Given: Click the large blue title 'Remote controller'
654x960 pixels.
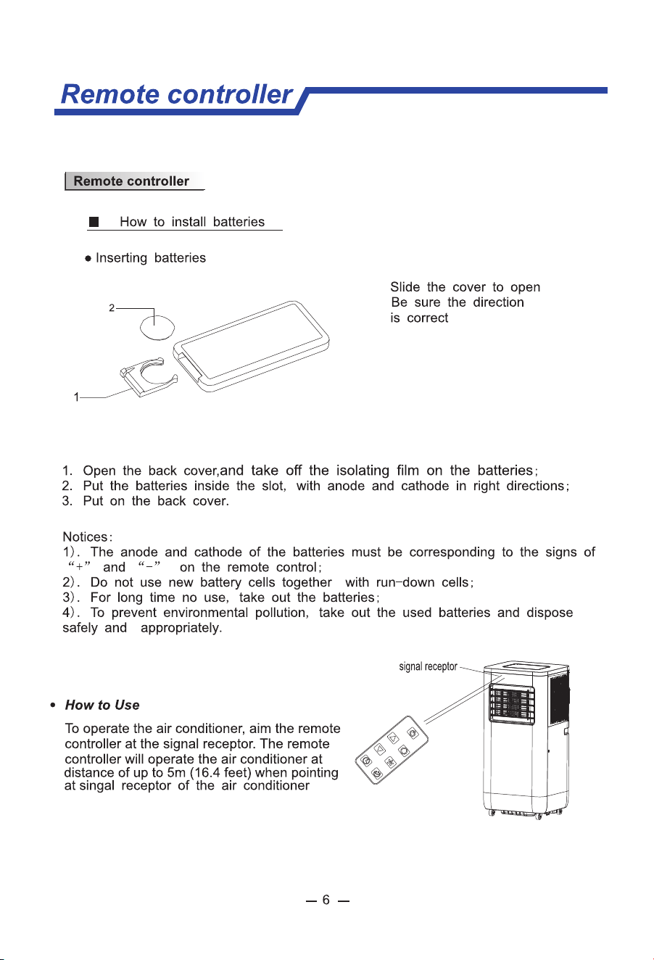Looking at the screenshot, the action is [x=177, y=94].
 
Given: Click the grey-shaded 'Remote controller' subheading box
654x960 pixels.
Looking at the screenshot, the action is [x=135, y=181].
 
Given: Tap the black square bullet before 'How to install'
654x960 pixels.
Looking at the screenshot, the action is [x=94, y=222].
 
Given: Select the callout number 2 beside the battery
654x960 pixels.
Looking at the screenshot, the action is [x=112, y=307].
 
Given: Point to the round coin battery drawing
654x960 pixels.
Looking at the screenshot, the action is [x=157, y=328].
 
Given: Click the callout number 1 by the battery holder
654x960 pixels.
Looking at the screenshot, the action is [x=76, y=397].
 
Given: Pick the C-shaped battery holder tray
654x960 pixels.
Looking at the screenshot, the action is [x=149, y=377].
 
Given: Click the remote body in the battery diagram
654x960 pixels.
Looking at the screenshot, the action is [x=251, y=347].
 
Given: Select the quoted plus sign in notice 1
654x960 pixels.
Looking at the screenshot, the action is [x=79, y=566].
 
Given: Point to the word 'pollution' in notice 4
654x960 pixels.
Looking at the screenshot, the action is [x=281, y=613].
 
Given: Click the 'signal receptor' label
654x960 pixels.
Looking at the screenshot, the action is [x=428, y=667].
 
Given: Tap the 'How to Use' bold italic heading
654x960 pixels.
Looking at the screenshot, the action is [x=102, y=705].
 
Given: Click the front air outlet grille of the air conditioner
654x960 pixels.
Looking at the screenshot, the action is [x=512, y=703].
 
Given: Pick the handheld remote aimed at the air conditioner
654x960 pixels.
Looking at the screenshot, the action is [x=392, y=750].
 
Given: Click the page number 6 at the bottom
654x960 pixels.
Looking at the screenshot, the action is [x=326, y=900].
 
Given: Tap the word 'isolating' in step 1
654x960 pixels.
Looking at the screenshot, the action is [x=363, y=470].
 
